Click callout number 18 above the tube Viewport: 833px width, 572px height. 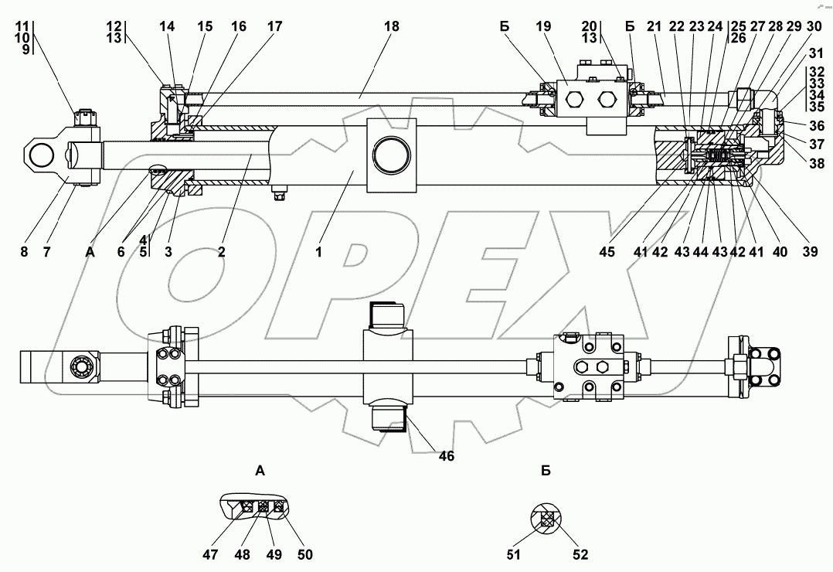pos(392,26)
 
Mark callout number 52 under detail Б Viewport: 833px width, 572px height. pos(580,554)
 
